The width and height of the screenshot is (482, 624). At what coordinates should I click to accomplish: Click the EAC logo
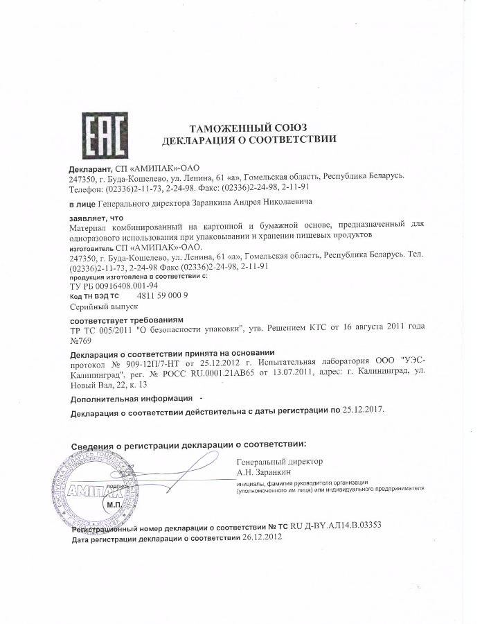point(104,135)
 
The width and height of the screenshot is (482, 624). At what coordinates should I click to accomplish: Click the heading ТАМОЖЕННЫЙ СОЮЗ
point(248,127)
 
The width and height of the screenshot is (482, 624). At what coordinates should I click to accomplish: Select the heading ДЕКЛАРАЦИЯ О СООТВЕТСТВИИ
point(249,139)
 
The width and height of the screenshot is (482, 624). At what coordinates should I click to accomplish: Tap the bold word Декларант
point(89,168)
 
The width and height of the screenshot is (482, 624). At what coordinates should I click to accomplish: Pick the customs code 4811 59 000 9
point(158,295)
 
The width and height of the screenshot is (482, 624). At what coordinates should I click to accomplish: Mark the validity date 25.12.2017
point(363,410)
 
